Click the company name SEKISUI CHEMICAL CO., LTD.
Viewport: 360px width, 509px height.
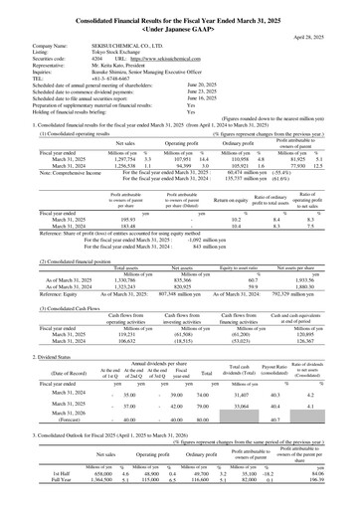pos(110,45)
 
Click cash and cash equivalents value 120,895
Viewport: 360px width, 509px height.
pos(312,335)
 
